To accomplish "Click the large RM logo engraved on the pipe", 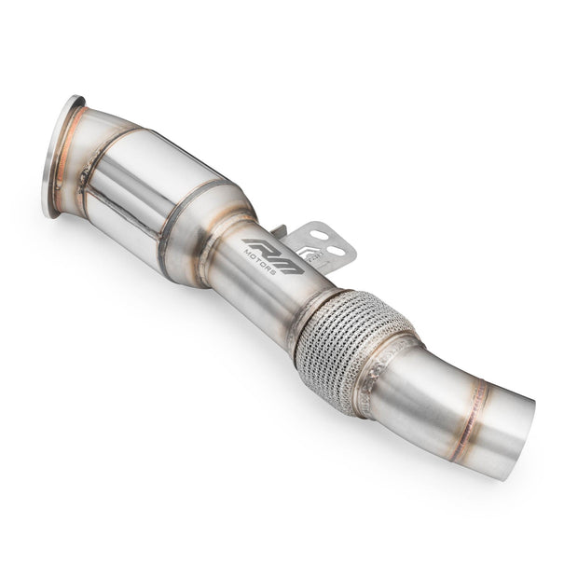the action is click(x=273, y=255).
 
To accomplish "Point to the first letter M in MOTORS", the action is click(x=247, y=252).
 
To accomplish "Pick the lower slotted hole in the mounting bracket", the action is click(x=335, y=251).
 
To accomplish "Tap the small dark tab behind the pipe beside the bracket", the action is click(x=279, y=229).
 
